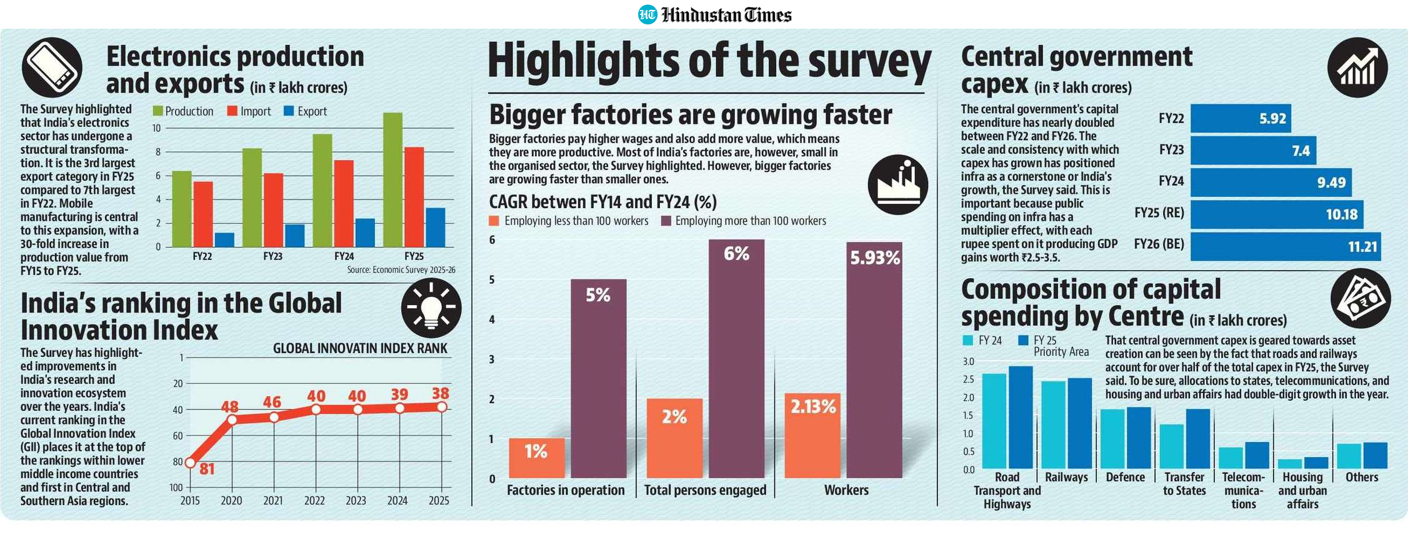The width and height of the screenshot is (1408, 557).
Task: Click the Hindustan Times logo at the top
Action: click(x=714, y=14)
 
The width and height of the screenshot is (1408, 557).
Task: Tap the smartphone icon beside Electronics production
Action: click(x=52, y=67)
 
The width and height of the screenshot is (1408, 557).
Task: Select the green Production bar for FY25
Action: click(x=393, y=180)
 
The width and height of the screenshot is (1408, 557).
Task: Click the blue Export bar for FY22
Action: click(x=224, y=240)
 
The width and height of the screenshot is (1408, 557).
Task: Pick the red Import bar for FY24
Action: click(x=344, y=204)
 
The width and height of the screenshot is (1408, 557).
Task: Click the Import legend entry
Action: click(x=249, y=111)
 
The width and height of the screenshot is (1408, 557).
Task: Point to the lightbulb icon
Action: click(x=431, y=308)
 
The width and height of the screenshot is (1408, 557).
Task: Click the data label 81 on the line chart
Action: click(x=207, y=469)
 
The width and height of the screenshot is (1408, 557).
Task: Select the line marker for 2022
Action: click(x=316, y=409)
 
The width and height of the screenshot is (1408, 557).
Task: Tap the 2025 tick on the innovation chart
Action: click(x=439, y=501)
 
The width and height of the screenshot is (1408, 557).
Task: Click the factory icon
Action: click(x=898, y=185)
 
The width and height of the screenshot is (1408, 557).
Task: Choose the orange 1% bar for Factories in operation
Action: click(x=537, y=458)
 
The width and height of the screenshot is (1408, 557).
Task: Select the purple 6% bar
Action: click(x=736, y=359)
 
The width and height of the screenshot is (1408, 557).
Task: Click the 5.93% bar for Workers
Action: click(x=874, y=360)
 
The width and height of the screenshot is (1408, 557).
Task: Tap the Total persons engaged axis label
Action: click(x=705, y=490)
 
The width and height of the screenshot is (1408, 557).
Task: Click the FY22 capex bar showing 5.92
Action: click(x=1241, y=119)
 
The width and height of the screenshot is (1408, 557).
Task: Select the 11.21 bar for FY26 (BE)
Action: click(x=1286, y=246)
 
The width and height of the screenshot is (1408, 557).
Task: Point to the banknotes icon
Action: click(x=1361, y=298)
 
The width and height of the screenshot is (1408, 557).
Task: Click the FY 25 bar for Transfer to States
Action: click(x=1198, y=439)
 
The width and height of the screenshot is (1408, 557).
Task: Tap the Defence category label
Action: click(x=1126, y=478)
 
